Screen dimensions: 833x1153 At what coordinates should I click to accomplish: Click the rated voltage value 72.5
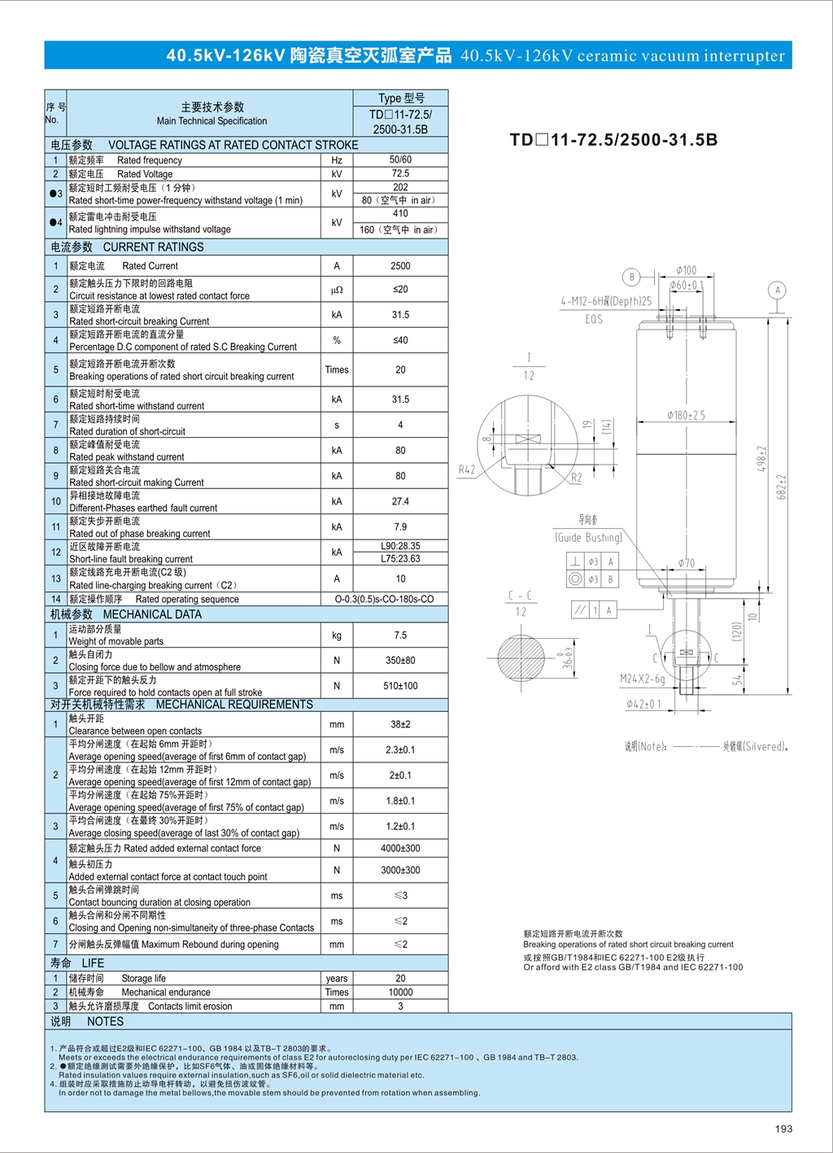point(399,173)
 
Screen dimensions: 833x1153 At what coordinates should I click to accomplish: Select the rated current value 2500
point(399,265)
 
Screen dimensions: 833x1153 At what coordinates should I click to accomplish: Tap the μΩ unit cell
point(337,290)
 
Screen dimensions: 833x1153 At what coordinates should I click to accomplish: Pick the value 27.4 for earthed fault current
point(399,501)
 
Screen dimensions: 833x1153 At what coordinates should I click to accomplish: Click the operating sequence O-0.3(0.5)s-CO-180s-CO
point(384,599)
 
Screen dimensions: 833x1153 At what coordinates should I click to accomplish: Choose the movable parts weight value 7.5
point(399,635)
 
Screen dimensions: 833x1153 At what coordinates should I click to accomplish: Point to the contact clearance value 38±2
point(399,724)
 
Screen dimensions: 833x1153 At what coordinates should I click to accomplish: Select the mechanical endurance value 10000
point(399,992)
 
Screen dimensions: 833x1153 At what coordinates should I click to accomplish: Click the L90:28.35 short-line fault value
point(399,546)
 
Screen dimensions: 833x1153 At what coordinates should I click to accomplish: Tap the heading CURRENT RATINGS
point(153,247)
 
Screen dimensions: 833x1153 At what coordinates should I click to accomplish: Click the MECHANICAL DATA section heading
point(152,614)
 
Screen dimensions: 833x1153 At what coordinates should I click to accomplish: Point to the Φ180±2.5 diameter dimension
point(686,415)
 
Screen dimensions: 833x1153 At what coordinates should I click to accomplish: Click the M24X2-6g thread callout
point(642,679)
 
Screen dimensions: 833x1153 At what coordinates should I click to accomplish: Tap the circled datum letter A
point(778,290)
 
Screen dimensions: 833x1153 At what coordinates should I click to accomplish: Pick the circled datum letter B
point(631,277)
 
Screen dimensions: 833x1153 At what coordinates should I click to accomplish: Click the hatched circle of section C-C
point(521,657)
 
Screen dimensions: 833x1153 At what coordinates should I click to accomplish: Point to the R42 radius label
point(467,469)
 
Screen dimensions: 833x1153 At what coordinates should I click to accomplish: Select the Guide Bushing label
point(588,537)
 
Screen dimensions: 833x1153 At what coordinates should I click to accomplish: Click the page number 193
point(783,1129)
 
